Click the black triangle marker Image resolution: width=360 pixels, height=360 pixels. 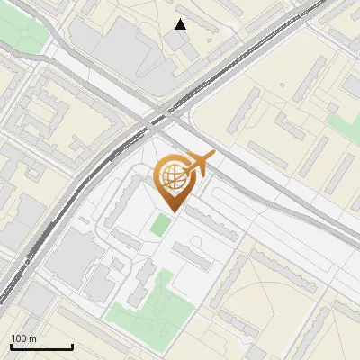[181, 24]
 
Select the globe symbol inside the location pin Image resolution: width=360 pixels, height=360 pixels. [171, 178]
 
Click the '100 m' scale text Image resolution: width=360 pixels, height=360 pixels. [23, 338]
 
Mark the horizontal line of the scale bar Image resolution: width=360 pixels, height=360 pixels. [41, 346]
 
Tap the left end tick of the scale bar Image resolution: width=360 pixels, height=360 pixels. [11, 346]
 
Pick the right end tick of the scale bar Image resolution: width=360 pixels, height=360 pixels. [72, 346]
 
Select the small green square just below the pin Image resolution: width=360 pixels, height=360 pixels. [159, 224]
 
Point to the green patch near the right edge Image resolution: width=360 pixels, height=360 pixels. [345, 125]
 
